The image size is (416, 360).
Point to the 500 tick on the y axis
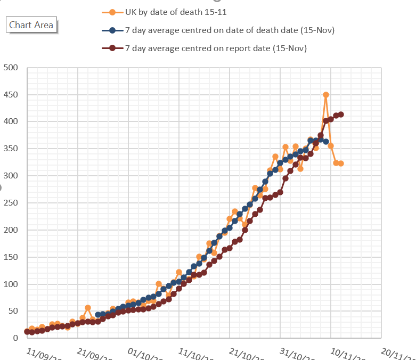(11, 68)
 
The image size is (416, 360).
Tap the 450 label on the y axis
(11, 95)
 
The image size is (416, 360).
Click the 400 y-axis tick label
(11, 122)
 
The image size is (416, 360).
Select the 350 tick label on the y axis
(11, 149)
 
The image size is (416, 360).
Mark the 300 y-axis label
(11, 176)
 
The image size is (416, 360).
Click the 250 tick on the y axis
(11, 203)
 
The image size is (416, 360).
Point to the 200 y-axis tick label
(11, 230)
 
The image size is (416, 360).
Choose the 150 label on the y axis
(11, 257)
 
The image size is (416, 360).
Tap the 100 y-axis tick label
(11, 284)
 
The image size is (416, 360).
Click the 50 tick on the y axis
(13, 312)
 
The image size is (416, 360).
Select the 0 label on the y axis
(15, 338)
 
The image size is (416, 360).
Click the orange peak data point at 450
(326, 95)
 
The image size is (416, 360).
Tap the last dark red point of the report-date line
(341, 114)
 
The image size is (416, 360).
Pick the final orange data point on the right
(341, 163)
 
